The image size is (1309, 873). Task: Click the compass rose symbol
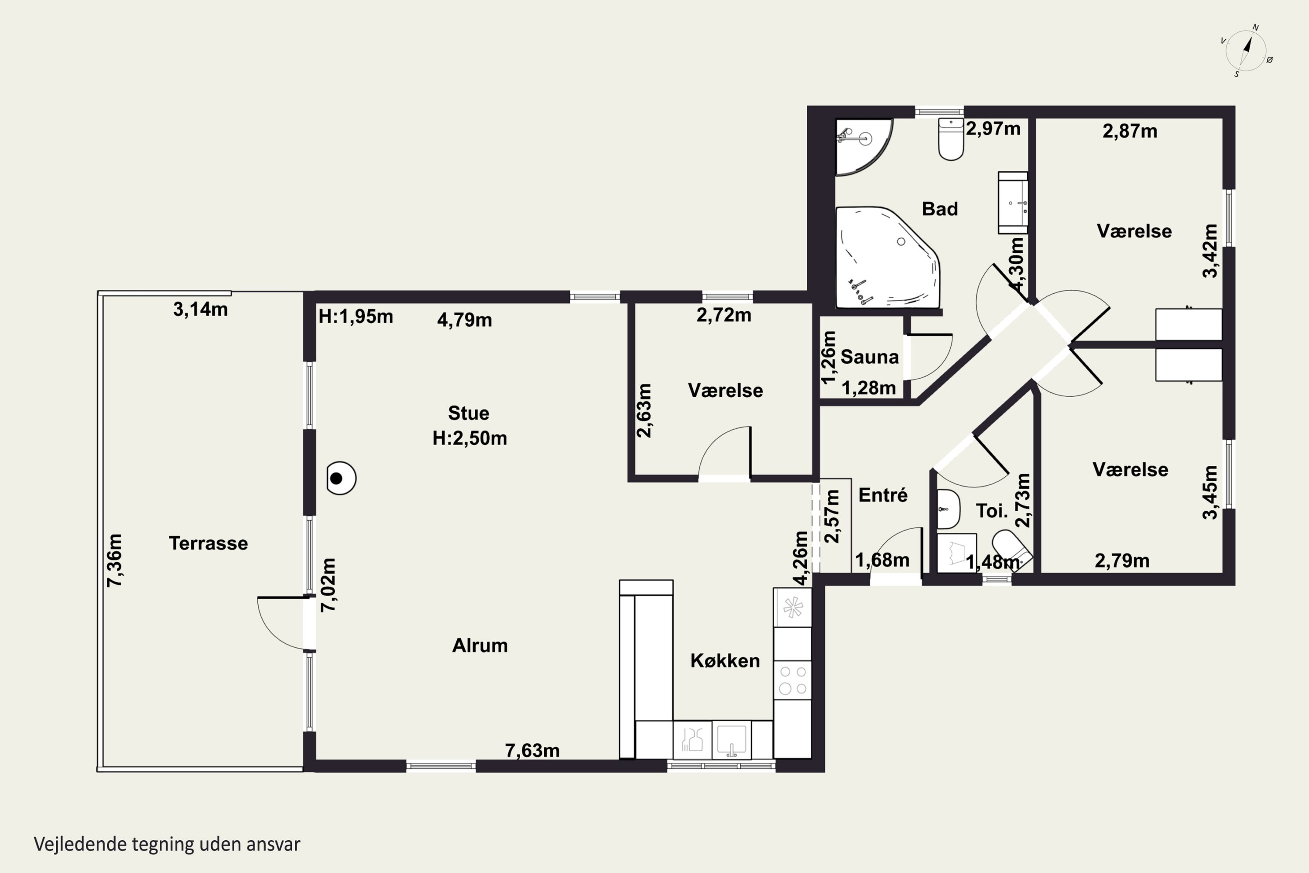tap(1247, 51)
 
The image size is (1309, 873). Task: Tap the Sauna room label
tap(869, 357)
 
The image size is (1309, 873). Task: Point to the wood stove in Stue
tap(341, 478)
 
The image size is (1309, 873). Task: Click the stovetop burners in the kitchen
tap(792, 680)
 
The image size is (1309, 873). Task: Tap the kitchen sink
tap(732, 739)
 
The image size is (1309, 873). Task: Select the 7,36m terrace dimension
tap(115, 560)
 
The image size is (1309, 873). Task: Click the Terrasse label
tap(208, 543)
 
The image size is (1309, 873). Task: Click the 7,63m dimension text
tap(532, 750)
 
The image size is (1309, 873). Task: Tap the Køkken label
tap(725, 660)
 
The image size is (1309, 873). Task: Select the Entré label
tap(883, 495)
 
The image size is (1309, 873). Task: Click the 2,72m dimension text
tap(724, 315)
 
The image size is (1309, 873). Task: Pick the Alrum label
tap(480, 645)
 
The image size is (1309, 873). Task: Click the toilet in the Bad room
tap(951, 139)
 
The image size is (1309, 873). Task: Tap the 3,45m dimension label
tap(1210, 492)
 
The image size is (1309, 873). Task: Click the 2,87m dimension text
tap(1130, 131)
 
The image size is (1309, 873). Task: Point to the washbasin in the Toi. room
tap(948, 509)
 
